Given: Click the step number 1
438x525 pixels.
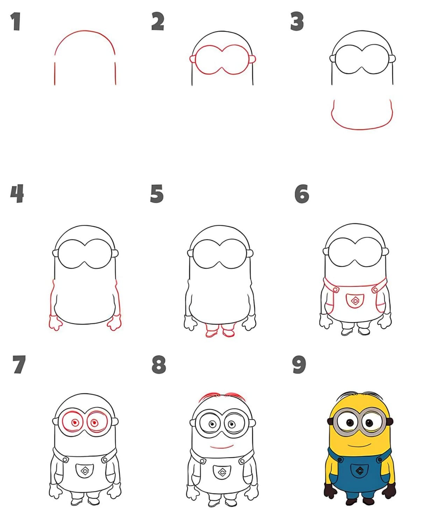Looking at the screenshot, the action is point(16,22).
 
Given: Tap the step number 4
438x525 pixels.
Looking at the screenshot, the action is point(17,193).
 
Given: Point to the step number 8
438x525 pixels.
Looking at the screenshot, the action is point(159,364).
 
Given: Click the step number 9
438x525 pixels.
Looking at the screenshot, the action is point(299,364).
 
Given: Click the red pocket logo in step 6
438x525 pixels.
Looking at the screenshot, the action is point(355,301).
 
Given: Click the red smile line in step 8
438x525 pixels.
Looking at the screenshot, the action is point(222,447).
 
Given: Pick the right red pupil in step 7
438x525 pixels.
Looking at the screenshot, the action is point(94,423).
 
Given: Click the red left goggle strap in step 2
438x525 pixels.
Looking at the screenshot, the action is point(192,59).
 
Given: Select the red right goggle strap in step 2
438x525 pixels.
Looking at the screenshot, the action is point(252,59).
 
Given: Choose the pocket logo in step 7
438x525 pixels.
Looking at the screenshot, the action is point(85,470).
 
